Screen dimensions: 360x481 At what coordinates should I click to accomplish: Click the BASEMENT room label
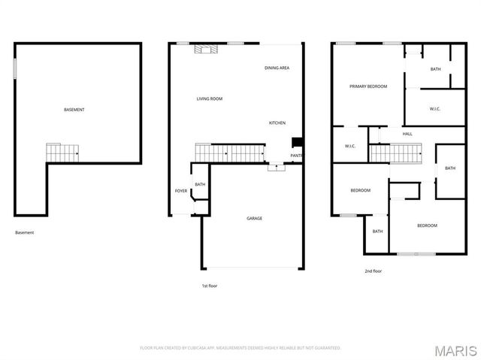click(74, 110)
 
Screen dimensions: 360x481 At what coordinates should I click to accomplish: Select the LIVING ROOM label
click(210, 98)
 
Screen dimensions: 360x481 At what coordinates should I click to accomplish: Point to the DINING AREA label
click(277, 68)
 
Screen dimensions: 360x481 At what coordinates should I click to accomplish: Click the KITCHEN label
click(277, 123)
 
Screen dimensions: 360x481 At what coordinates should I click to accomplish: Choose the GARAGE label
click(255, 218)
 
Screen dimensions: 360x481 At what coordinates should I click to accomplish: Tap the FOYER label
click(181, 191)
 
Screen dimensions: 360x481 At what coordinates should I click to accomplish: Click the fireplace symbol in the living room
click(204, 49)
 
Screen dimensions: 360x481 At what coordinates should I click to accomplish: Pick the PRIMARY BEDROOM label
click(368, 86)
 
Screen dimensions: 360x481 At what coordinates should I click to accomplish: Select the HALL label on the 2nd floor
click(407, 134)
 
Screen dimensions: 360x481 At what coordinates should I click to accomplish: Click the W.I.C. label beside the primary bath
click(434, 109)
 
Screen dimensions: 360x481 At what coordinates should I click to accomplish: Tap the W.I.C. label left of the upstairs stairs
click(349, 146)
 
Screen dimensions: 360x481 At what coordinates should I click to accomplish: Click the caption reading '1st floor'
click(210, 286)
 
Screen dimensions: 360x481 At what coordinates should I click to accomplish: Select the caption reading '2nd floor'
click(374, 271)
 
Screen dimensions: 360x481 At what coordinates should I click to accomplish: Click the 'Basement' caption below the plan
click(25, 232)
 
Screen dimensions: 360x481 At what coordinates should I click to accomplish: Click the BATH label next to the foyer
click(200, 184)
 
